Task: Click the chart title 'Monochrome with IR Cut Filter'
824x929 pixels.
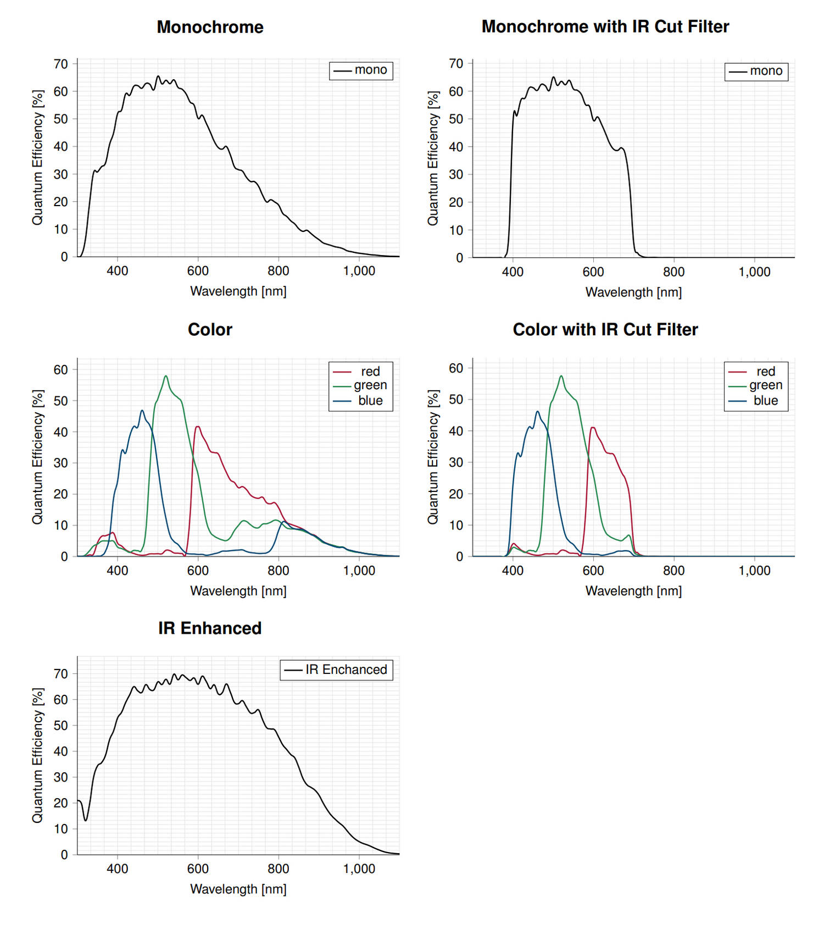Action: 605,26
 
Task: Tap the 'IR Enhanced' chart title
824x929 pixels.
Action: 210,628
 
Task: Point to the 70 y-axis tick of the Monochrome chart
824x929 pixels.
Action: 61,64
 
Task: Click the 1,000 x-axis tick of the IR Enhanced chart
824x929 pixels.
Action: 359,869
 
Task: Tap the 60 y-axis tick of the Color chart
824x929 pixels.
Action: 61,370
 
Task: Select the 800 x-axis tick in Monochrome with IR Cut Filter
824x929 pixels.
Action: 673,272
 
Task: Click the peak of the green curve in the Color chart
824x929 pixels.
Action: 166,376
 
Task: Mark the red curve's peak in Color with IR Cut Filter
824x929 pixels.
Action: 593,428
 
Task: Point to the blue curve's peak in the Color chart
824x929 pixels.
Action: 142,410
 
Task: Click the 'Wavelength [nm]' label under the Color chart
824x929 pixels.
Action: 238,591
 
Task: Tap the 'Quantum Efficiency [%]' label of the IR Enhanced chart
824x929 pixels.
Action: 37,755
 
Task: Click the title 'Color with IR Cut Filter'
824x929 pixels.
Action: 605,329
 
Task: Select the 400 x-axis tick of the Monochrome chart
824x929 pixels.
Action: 118,271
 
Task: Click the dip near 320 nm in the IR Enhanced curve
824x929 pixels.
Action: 86,820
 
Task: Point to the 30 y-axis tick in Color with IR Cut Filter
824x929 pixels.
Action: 456,462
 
